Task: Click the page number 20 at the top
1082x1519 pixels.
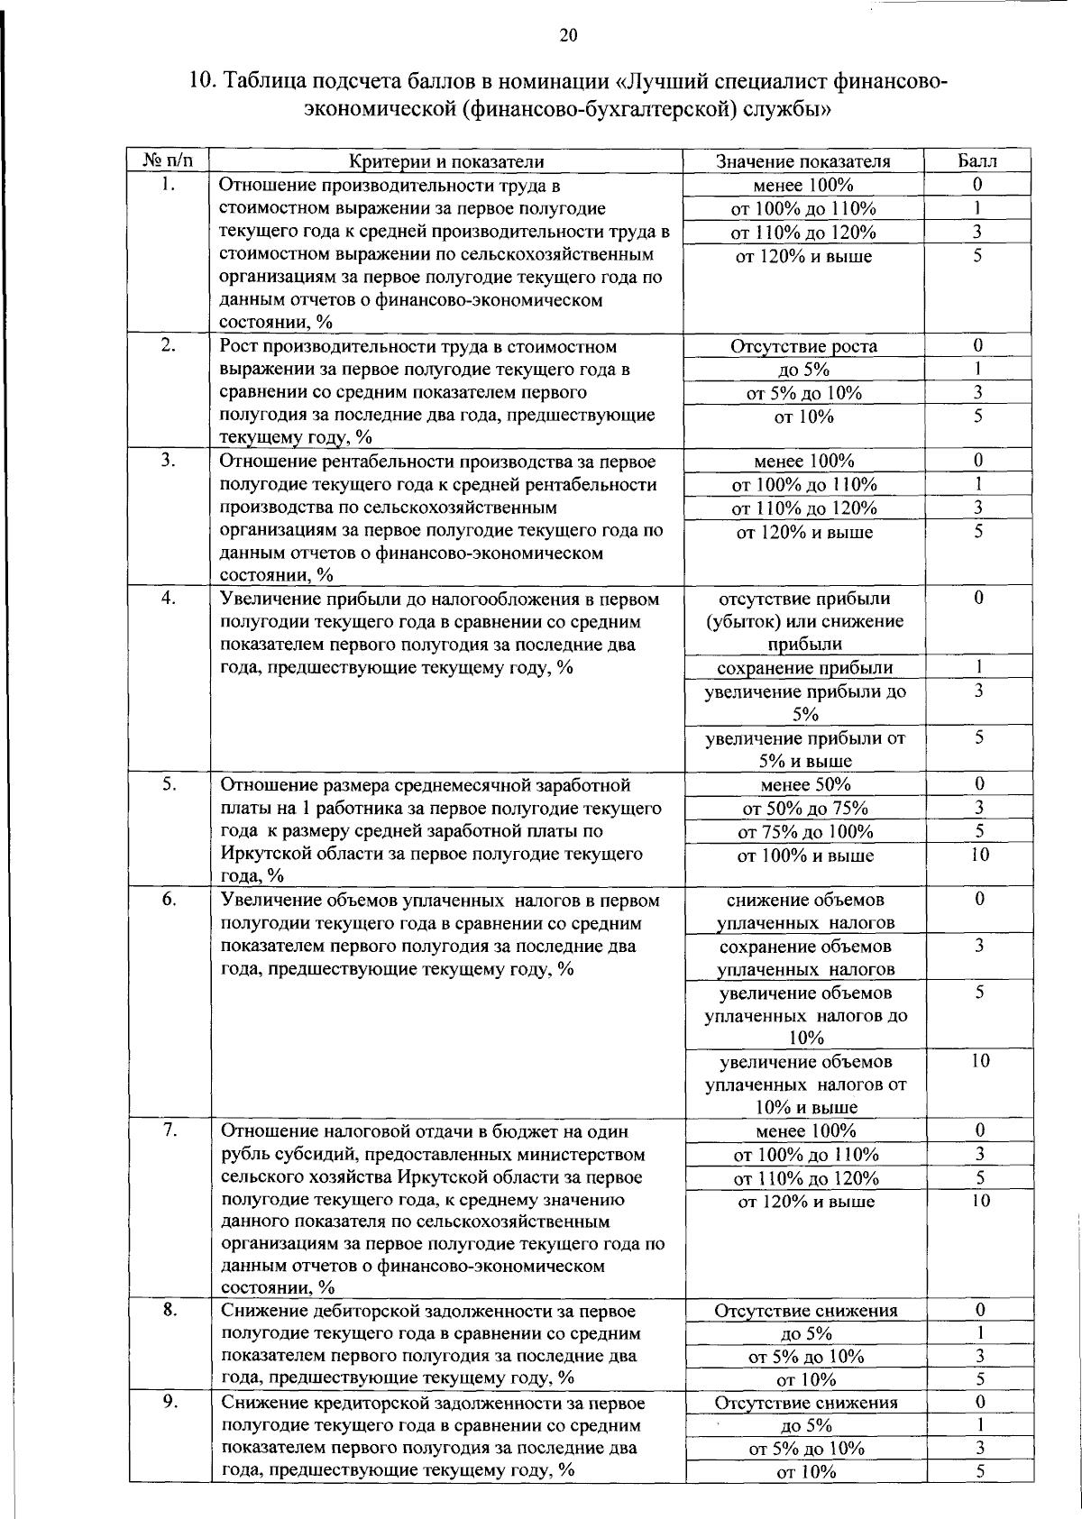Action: click(x=567, y=36)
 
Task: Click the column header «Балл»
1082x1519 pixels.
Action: click(x=977, y=161)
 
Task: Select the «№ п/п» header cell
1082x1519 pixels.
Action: click(x=168, y=161)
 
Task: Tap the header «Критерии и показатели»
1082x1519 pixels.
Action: click(x=446, y=161)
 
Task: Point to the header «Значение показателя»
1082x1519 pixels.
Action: click(x=803, y=161)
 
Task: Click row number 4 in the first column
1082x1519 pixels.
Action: click(x=168, y=598)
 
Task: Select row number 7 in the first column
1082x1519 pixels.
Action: click(x=168, y=1130)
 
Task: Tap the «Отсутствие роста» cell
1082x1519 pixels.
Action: click(x=803, y=346)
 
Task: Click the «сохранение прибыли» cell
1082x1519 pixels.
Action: click(x=804, y=668)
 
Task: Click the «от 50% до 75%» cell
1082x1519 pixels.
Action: click(x=804, y=808)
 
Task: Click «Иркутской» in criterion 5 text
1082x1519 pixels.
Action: click(x=267, y=854)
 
